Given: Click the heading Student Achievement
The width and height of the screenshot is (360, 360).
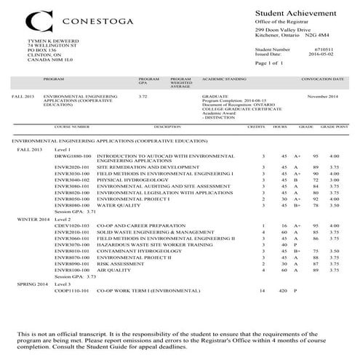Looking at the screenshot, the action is [295, 14].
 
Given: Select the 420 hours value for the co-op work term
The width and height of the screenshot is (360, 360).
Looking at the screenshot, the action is [281, 289].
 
